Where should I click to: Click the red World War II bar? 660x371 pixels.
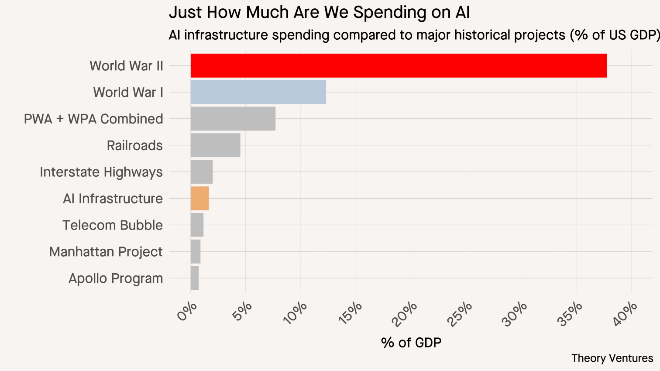coord(398,65)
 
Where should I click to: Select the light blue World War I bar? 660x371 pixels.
coord(258,92)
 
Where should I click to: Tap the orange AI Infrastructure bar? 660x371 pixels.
coord(199,198)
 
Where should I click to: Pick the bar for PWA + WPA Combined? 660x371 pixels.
coord(233,119)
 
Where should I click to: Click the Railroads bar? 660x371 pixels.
coord(215,145)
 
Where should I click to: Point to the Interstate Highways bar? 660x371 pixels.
coord(201,172)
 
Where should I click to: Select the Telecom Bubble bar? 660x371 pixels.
coord(197,225)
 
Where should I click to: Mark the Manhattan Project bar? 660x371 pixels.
coord(195,251)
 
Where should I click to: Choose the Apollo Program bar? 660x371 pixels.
coord(194,278)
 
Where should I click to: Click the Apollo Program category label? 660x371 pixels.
coord(116,278)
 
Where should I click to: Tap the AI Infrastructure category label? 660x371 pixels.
coord(113,199)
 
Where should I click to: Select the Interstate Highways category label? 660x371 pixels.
coord(101,172)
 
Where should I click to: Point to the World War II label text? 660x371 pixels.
coord(126,66)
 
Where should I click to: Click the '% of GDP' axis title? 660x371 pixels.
coord(411,343)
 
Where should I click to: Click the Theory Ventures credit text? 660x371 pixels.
coord(612,358)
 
